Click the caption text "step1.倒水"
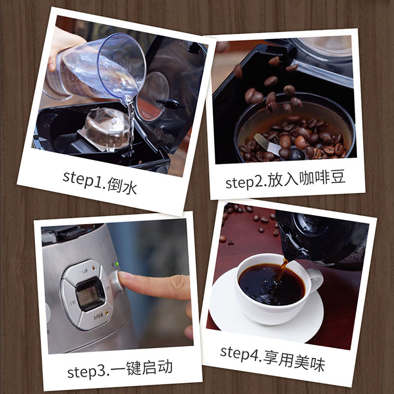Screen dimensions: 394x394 (x=100, y=182)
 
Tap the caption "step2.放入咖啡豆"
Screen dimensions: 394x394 (x=285, y=179)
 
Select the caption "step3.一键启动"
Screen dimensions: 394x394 (x=120, y=368)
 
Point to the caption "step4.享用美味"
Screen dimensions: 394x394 (x=272, y=358)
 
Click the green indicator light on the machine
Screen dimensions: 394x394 (x=116, y=264)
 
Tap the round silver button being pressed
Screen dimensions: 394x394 (x=116, y=281)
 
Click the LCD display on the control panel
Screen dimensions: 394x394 (x=91, y=294)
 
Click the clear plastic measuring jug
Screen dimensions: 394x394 (x=96, y=68)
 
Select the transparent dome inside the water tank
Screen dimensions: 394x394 (x=103, y=130)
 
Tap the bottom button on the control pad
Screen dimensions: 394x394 (x=96, y=317)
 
